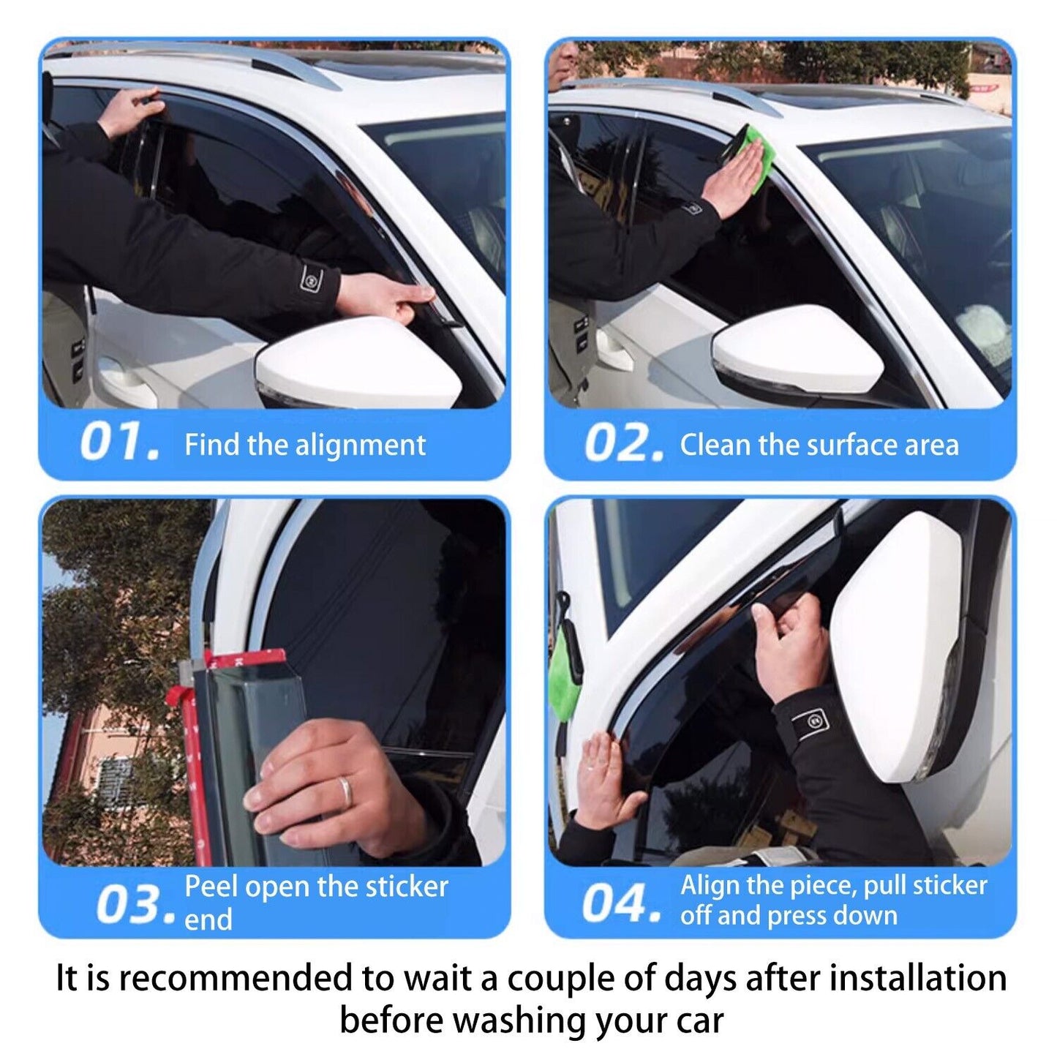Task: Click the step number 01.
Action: click(x=119, y=443)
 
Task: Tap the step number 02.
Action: click(x=623, y=444)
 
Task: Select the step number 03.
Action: click(x=135, y=904)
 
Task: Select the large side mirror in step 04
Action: click(x=896, y=644)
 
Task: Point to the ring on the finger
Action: click(x=344, y=791)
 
